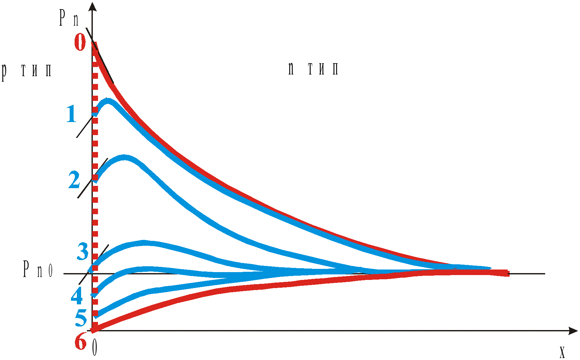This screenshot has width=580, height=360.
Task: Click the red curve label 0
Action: [80, 42]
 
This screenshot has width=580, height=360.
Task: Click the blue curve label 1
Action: [72, 115]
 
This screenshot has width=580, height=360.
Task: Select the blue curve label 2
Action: [74, 180]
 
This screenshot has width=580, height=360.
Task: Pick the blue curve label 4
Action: [77, 296]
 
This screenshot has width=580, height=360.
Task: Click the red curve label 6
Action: [80, 341]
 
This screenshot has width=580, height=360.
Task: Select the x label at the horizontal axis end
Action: [562, 352]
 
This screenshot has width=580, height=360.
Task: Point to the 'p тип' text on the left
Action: [27, 70]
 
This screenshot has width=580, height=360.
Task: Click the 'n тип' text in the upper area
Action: [313, 69]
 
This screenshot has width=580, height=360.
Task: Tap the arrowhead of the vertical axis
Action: [93, 6]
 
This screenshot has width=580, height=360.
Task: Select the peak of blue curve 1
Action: [108, 101]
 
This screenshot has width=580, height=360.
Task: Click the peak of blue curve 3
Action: [143, 243]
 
